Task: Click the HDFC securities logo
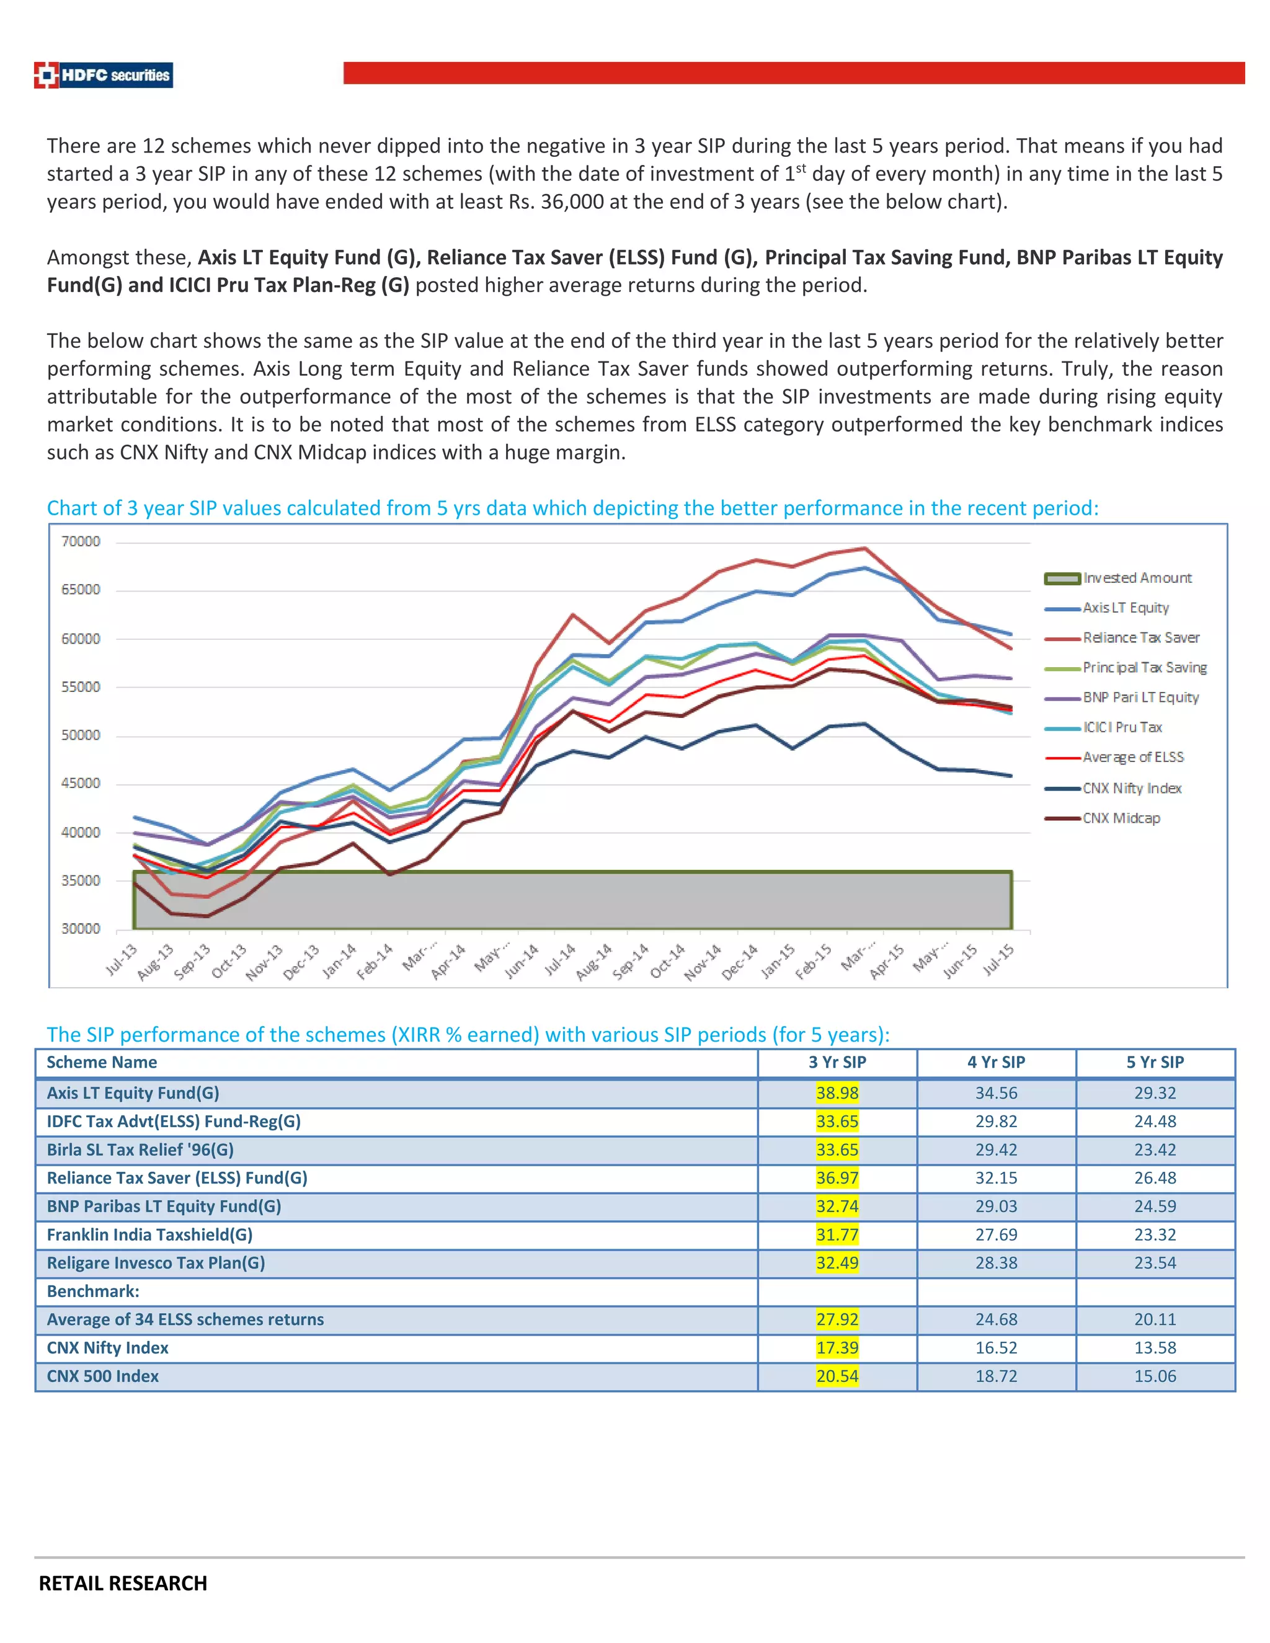coord(104,75)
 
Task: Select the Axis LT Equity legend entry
coord(1125,608)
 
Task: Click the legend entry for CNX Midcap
coord(1121,818)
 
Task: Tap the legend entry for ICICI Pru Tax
coord(1122,727)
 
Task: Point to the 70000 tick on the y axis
coord(81,542)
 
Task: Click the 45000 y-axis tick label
coord(81,783)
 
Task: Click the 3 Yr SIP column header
coord(837,1062)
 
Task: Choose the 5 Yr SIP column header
coord(1154,1062)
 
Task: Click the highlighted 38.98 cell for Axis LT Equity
coord(837,1093)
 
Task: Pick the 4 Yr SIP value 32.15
coord(995,1178)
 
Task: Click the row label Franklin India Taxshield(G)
coord(149,1234)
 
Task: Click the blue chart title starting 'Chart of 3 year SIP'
coord(572,508)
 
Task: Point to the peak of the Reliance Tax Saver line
coord(865,549)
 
